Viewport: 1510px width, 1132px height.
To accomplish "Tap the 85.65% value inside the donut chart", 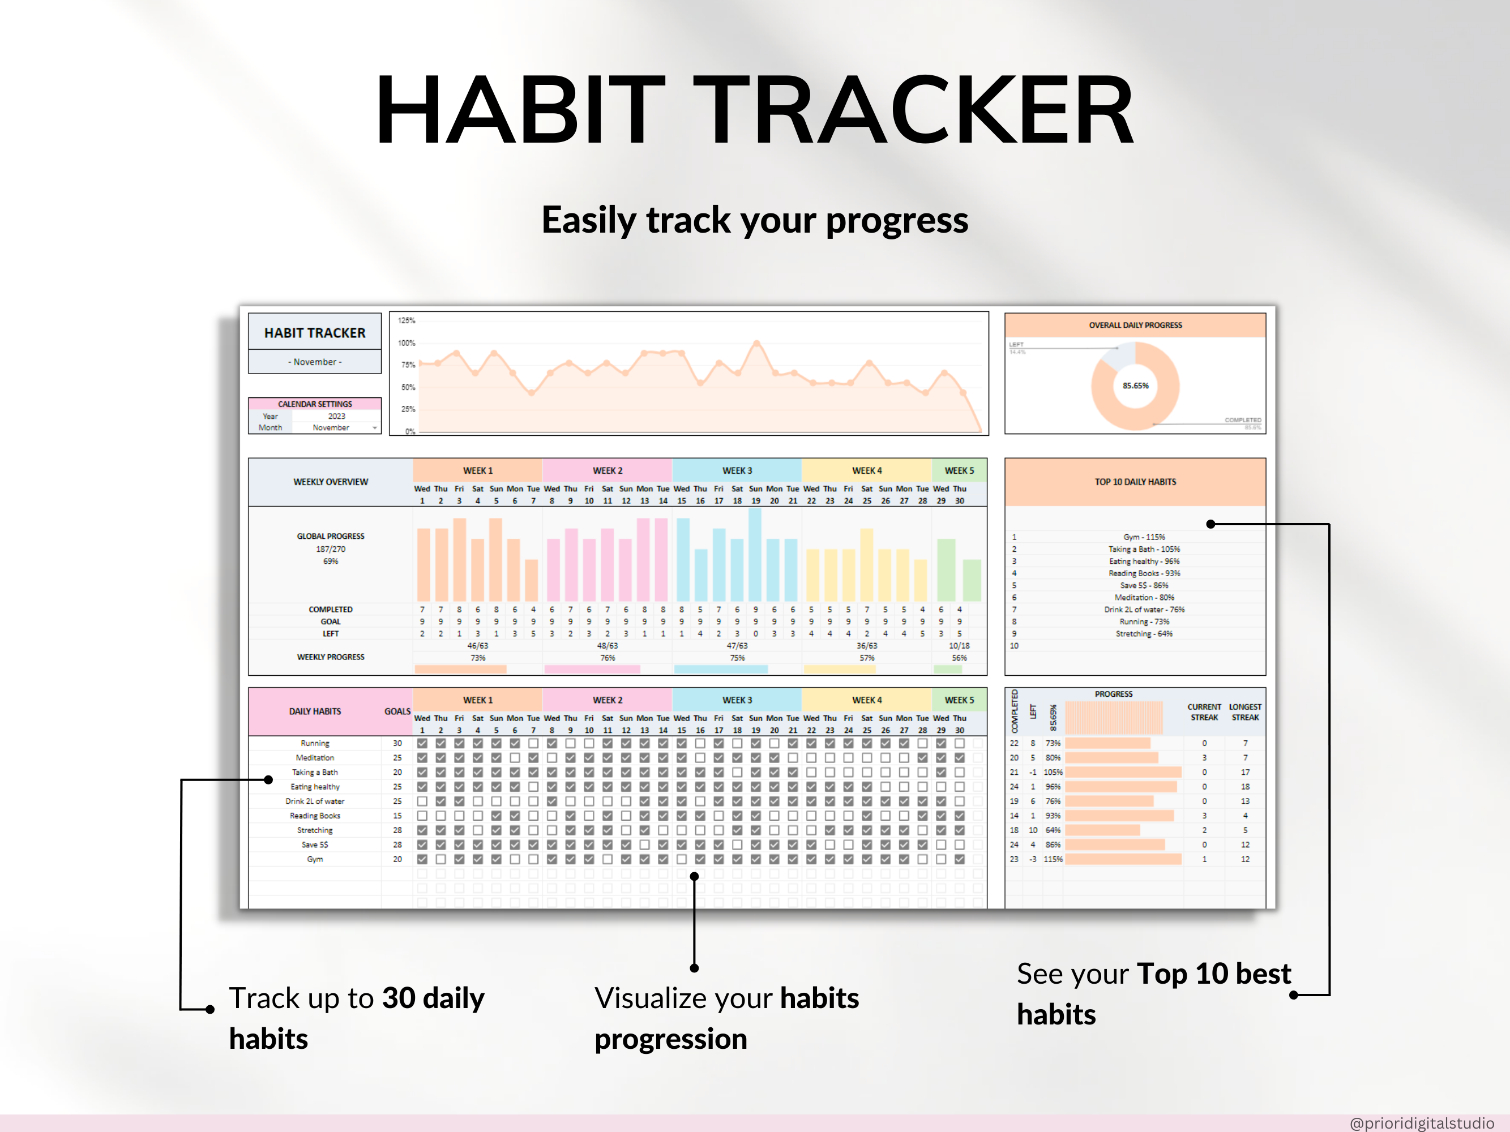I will point(1135,385).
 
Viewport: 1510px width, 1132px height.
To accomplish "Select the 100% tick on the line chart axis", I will point(407,342).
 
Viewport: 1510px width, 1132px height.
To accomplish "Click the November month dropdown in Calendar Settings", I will point(335,428).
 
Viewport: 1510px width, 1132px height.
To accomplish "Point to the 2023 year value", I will point(336,416).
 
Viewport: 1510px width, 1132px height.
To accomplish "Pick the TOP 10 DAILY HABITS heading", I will point(1135,482).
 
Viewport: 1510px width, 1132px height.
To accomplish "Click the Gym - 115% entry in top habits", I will point(1144,537).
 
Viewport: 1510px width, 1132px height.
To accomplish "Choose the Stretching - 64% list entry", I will point(1144,634).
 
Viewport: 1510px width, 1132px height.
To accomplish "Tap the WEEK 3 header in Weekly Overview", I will point(737,471).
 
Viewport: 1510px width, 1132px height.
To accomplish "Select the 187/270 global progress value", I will point(331,549).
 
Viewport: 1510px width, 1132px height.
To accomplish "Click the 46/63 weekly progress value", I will point(478,645).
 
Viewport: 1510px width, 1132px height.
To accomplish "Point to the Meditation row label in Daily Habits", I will point(315,758).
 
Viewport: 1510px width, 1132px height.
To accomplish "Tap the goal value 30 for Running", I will point(397,743).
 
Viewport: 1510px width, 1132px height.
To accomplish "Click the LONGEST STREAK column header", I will point(1245,711).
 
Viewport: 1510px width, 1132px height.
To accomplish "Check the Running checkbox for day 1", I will point(422,743).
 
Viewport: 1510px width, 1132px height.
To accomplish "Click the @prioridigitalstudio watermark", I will point(1422,1122).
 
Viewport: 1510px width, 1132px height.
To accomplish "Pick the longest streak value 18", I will point(1245,787).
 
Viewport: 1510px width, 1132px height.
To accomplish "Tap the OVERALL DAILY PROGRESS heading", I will point(1135,325).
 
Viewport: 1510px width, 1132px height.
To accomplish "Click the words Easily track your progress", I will point(755,220).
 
